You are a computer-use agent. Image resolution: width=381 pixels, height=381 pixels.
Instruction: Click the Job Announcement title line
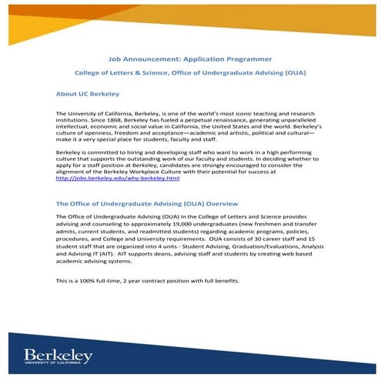tap(190, 58)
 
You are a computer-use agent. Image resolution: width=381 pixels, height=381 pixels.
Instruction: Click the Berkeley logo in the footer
tap(58, 355)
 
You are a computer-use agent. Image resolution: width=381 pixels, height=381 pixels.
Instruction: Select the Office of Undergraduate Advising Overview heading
tap(146, 204)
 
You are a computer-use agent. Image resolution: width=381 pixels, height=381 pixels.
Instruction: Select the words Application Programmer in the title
tap(230, 58)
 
